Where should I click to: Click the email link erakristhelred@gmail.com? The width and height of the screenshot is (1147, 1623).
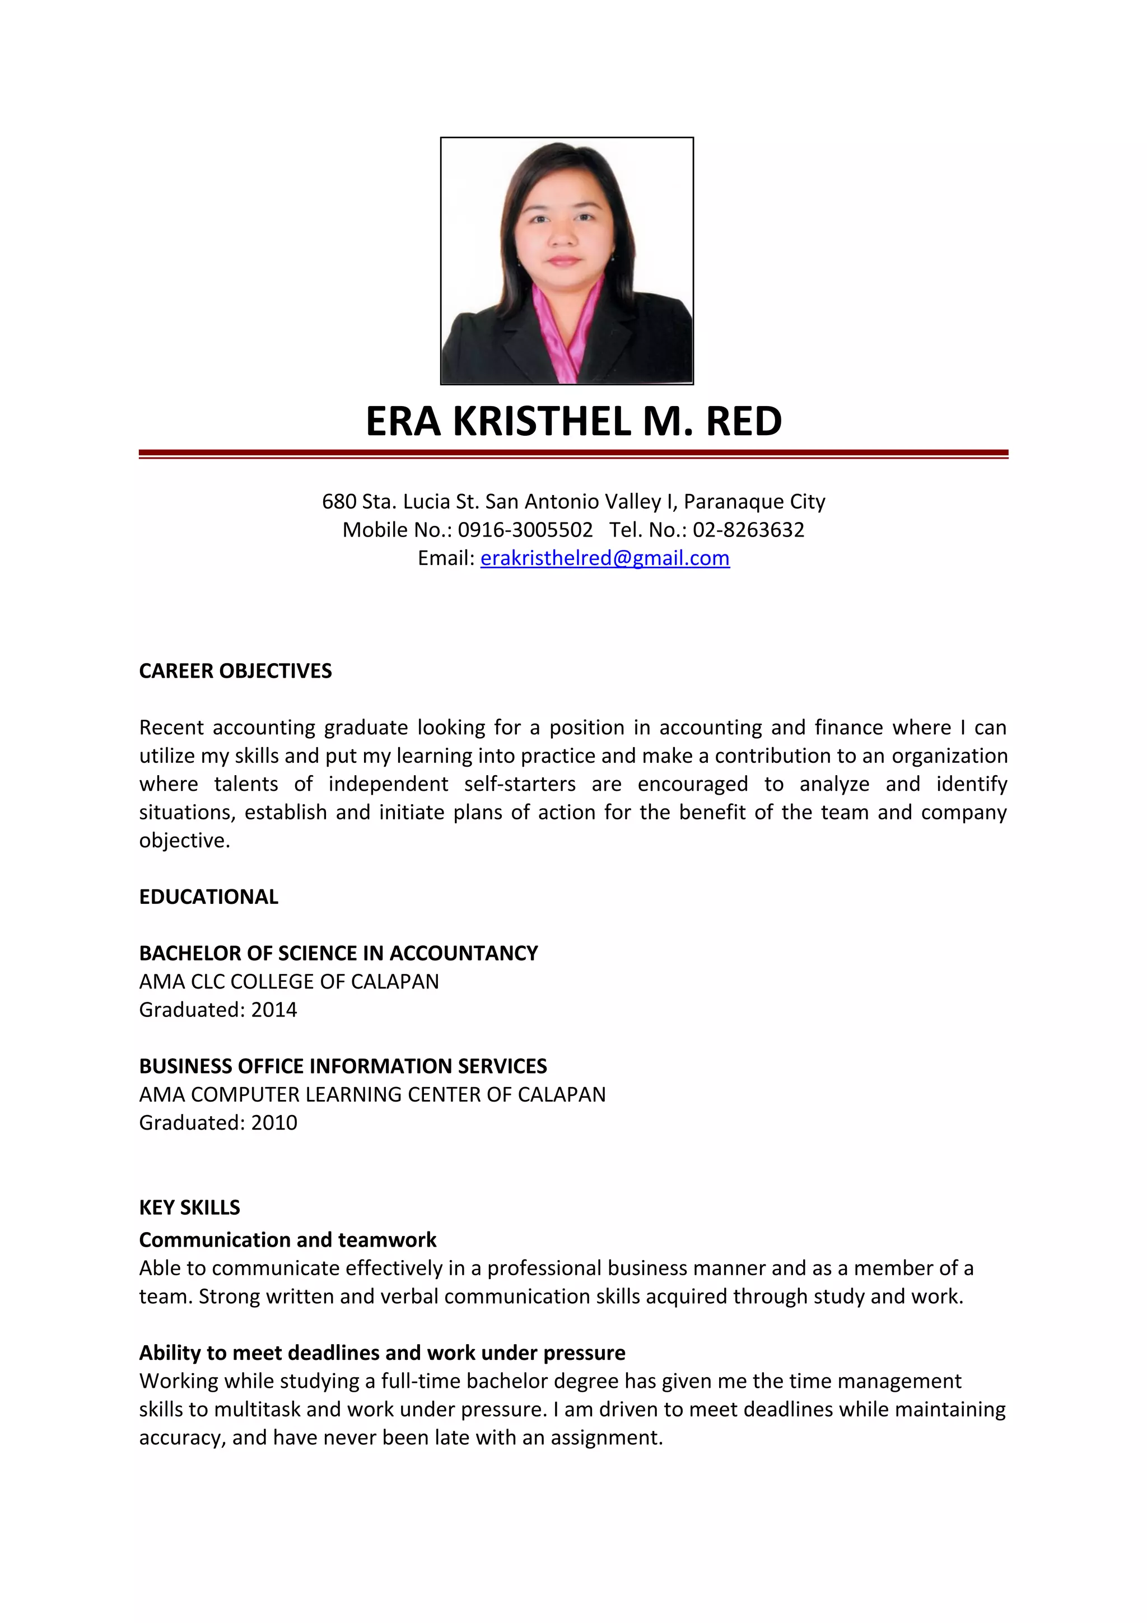coord(604,558)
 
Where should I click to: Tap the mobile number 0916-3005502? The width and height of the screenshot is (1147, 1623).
coord(525,530)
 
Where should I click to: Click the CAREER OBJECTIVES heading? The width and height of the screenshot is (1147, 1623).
coord(235,671)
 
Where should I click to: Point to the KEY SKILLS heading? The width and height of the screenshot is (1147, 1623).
coord(189,1207)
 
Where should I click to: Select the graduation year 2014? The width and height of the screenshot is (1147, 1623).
coord(274,1009)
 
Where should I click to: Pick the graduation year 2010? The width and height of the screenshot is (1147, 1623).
coord(274,1122)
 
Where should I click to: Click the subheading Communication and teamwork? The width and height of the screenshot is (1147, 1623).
coord(288,1240)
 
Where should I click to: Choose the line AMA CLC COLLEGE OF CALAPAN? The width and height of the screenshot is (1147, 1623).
coord(288,982)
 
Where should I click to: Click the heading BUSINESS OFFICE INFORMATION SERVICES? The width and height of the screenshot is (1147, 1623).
coord(343,1066)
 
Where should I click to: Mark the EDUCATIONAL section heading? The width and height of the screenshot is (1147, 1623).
coord(208,897)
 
